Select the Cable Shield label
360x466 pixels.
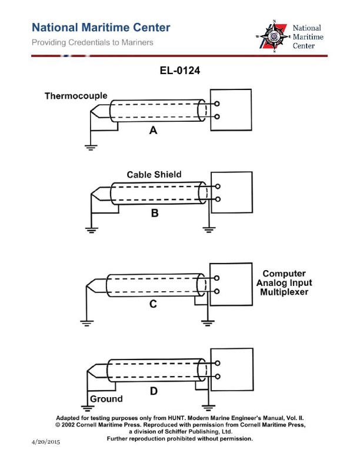[154, 175]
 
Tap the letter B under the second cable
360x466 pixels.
[155, 214]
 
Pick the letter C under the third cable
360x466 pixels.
[153, 304]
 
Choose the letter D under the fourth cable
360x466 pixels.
[153, 390]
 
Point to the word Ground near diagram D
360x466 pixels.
[106, 399]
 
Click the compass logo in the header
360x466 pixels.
[273, 36]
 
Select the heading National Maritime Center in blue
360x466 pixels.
[101, 28]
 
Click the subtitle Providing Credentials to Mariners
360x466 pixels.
[92, 43]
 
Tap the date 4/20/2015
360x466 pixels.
[45, 441]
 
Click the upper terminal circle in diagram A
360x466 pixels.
[218, 104]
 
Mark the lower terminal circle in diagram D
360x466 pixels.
[218, 376]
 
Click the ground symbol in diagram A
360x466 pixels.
[90, 147]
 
